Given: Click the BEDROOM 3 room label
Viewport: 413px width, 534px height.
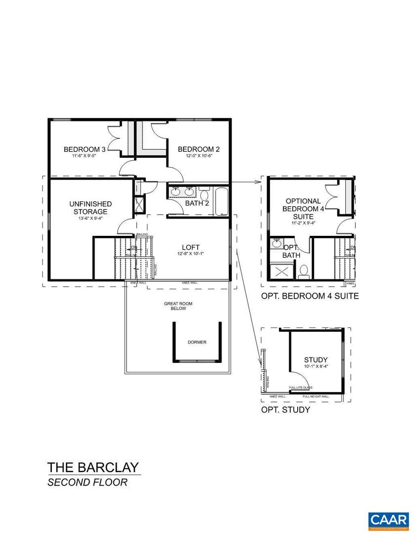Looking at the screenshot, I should [x=85, y=149].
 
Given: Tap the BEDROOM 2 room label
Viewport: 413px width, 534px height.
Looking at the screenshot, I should [x=198, y=149].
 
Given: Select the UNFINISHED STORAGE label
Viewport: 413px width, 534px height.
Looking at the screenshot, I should [x=91, y=208].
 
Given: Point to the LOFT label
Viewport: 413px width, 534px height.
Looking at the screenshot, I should [x=190, y=247].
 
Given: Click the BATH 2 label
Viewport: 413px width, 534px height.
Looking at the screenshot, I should [x=196, y=203].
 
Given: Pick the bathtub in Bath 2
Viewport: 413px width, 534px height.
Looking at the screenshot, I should [x=221, y=201].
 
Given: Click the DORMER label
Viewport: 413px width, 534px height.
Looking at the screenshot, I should [x=197, y=342].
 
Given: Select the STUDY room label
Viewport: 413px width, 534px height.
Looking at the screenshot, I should [x=316, y=360].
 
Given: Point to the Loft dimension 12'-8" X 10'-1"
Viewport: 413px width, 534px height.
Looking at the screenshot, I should [x=190, y=254].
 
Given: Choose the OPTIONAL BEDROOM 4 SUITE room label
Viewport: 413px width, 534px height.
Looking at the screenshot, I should [x=303, y=209].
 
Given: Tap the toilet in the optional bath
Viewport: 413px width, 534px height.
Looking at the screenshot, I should [x=304, y=270].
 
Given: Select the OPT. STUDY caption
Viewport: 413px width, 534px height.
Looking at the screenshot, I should [x=285, y=410].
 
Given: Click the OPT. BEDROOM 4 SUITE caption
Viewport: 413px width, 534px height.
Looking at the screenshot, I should [x=310, y=297].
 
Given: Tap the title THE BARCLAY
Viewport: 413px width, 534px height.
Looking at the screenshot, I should [x=93, y=467].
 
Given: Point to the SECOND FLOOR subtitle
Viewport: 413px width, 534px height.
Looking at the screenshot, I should [x=87, y=482].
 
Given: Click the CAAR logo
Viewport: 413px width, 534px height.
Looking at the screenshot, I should [x=388, y=520].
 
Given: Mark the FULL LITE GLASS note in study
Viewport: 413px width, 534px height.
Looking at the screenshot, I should [x=300, y=388].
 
